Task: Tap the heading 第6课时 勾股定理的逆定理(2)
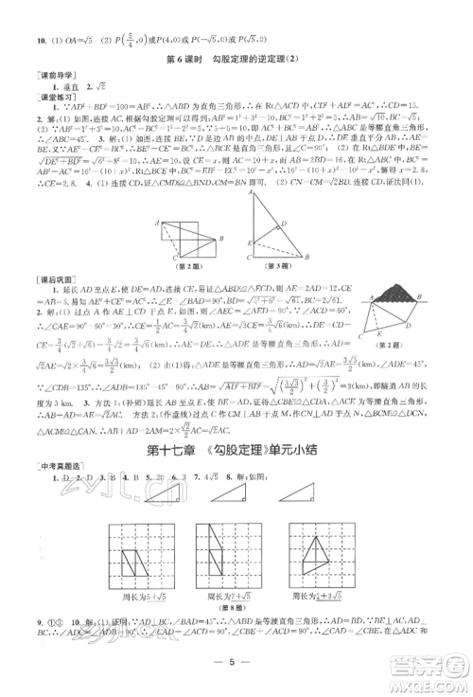[x=237, y=63]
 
